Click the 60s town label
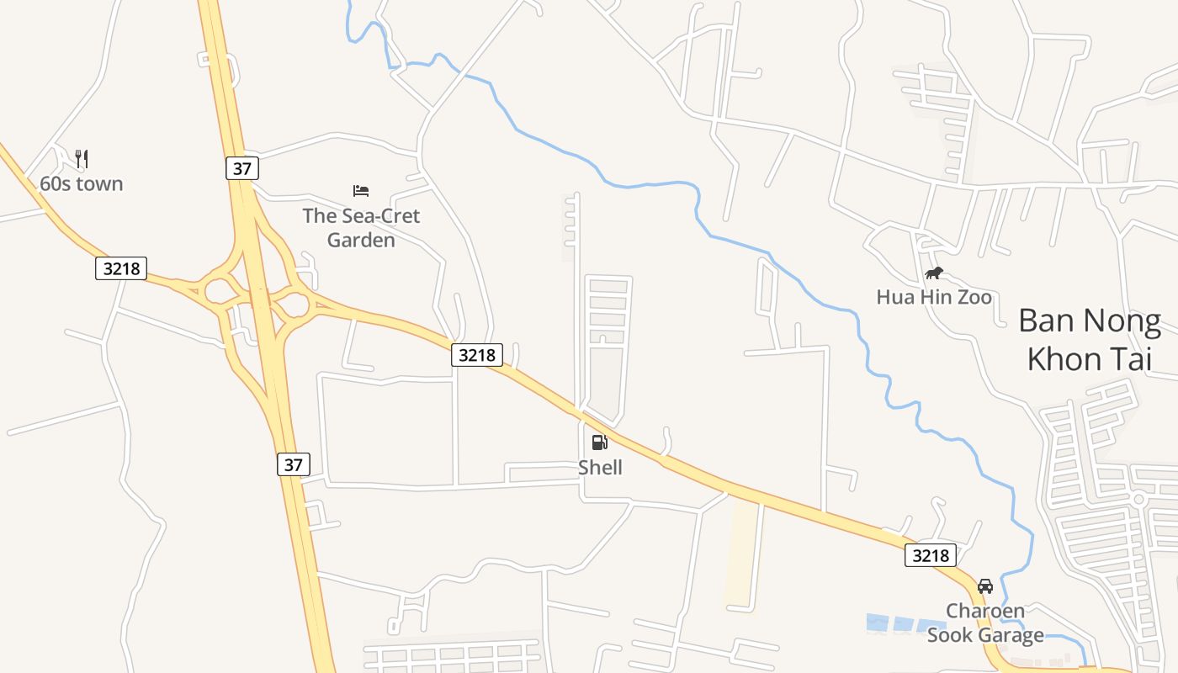click(82, 183)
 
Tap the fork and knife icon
click(82, 158)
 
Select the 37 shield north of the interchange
click(242, 168)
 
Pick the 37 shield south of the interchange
click(293, 464)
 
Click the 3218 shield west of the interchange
click(121, 268)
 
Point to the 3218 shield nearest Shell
click(477, 355)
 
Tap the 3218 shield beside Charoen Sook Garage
click(931, 555)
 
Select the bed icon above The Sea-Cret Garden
click(361, 191)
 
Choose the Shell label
click(600, 468)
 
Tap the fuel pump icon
click(600, 442)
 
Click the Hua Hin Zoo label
click(934, 297)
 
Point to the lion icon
click(934, 273)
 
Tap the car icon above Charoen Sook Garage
click(985, 586)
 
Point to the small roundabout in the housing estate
click(1139, 499)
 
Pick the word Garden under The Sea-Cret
click(361, 241)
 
